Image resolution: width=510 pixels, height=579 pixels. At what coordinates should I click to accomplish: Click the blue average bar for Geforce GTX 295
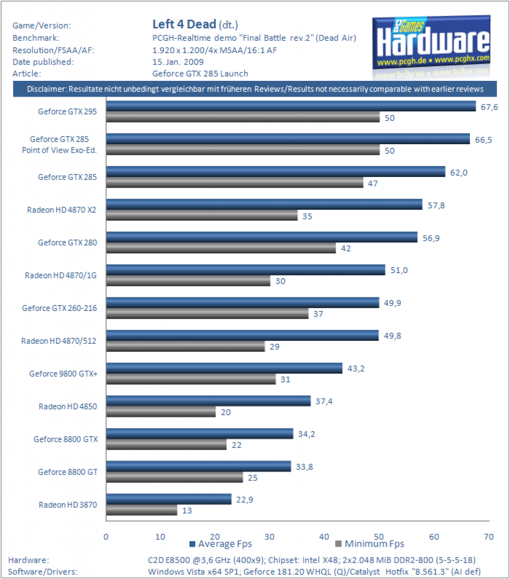291,106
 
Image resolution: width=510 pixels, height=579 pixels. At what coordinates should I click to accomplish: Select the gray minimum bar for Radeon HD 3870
142,511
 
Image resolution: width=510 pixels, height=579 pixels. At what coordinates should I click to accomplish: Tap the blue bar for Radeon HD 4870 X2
264,205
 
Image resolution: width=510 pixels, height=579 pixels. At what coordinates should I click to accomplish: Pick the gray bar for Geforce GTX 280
221,248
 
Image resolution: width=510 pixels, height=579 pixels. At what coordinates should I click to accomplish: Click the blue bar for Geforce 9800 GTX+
224,368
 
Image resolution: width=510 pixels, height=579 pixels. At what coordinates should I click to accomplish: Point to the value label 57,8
436,205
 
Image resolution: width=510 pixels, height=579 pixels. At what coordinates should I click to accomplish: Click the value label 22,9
245,500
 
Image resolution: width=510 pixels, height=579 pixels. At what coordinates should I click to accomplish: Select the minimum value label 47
373,184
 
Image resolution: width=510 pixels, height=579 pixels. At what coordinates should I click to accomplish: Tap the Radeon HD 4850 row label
68,407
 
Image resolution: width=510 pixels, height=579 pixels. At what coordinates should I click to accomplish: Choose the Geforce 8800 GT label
67,472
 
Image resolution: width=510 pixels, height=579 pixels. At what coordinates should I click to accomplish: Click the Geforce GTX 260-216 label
59,308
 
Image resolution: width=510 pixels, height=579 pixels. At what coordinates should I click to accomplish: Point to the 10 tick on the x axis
160,537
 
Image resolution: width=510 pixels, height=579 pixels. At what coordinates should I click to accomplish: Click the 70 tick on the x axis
488,537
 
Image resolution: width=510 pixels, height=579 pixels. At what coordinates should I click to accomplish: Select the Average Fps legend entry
221,544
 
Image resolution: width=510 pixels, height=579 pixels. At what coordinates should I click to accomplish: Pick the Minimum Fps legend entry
370,544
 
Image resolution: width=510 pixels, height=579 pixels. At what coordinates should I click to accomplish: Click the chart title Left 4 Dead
184,24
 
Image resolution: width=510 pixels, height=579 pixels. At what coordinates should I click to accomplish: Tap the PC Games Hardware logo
431,46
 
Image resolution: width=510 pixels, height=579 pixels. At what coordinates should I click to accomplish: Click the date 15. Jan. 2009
178,62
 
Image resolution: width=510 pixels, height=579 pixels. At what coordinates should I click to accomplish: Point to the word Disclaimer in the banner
46,89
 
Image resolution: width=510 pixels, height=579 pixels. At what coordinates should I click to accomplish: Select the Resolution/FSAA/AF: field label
53,50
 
